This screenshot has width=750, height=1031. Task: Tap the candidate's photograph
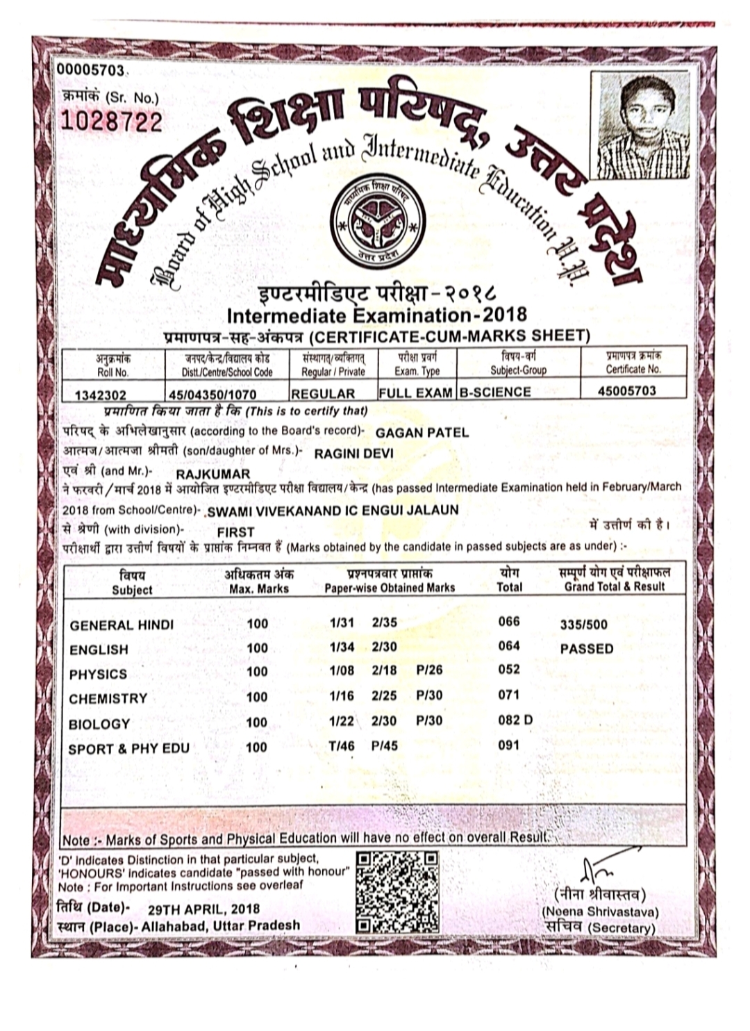click(x=642, y=127)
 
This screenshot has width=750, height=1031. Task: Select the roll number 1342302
click(x=105, y=393)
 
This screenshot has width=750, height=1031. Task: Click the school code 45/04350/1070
click(x=217, y=393)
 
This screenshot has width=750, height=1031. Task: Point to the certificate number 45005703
click(x=626, y=390)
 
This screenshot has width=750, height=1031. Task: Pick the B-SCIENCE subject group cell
click(x=495, y=392)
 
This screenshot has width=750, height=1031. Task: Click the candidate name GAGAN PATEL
click(x=422, y=432)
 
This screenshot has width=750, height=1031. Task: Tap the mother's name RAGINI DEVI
click(x=354, y=454)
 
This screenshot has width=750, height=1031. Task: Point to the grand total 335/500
click(x=583, y=624)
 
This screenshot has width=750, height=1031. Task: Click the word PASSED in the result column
click(x=587, y=649)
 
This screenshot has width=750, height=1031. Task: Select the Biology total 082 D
click(x=515, y=720)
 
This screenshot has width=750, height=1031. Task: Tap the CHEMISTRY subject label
click(x=108, y=698)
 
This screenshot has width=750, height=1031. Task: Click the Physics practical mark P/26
click(x=429, y=670)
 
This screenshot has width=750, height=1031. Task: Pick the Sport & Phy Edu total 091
click(x=509, y=745)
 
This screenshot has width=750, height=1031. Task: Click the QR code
click(x=397, y=891)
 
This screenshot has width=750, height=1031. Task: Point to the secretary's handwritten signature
click(x=599, y=866)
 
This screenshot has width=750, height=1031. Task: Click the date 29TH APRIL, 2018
click(x=204, y=909)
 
